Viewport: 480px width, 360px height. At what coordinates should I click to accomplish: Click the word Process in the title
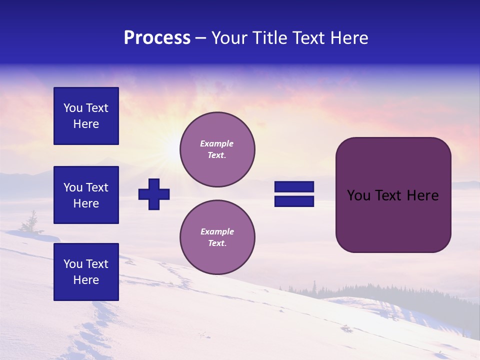157,38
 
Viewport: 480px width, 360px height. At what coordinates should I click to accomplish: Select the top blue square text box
86,116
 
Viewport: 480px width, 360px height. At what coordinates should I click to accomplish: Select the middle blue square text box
86,195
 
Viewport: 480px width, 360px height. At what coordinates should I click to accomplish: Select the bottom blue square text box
86,271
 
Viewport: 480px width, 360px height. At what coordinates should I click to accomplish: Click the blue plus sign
154,194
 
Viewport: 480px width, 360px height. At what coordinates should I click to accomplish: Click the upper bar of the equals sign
294,186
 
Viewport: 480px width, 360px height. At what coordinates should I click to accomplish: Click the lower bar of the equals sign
294,201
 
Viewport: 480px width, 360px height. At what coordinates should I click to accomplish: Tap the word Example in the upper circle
216,143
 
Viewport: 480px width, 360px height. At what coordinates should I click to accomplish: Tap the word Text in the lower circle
216,243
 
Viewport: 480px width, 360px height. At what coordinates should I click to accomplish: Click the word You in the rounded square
358,195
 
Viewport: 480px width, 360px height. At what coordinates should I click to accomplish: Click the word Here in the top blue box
86,124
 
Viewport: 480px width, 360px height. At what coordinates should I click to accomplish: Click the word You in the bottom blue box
73,264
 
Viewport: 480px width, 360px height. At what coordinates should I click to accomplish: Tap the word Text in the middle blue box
96,187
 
